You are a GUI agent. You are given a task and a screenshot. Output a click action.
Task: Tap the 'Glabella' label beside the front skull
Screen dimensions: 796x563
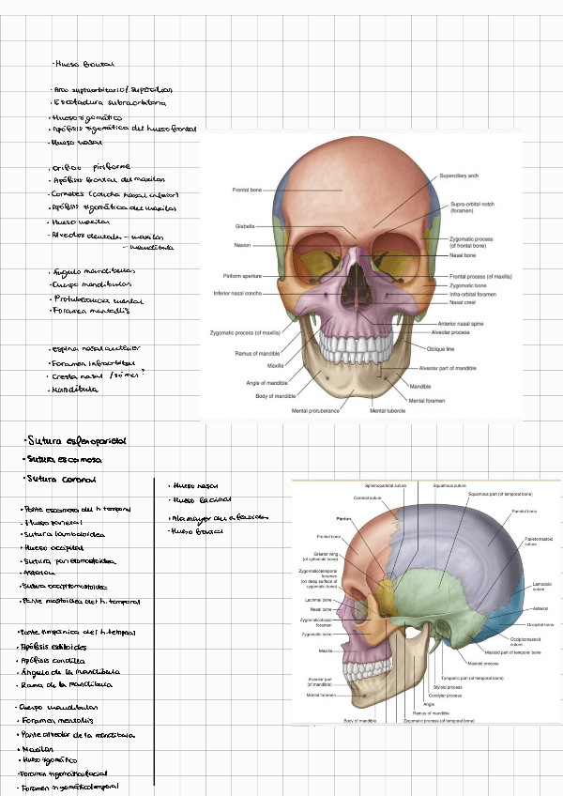(245, 226)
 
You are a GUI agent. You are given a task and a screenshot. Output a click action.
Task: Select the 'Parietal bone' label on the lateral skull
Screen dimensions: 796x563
(524, 511)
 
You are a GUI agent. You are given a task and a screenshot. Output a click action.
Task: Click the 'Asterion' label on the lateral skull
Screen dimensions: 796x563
(540, 608)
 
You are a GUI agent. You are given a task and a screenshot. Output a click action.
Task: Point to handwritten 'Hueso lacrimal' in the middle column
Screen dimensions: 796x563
(202, 500)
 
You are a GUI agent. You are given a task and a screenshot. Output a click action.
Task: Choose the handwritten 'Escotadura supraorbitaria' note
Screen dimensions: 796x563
(111, 101)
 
